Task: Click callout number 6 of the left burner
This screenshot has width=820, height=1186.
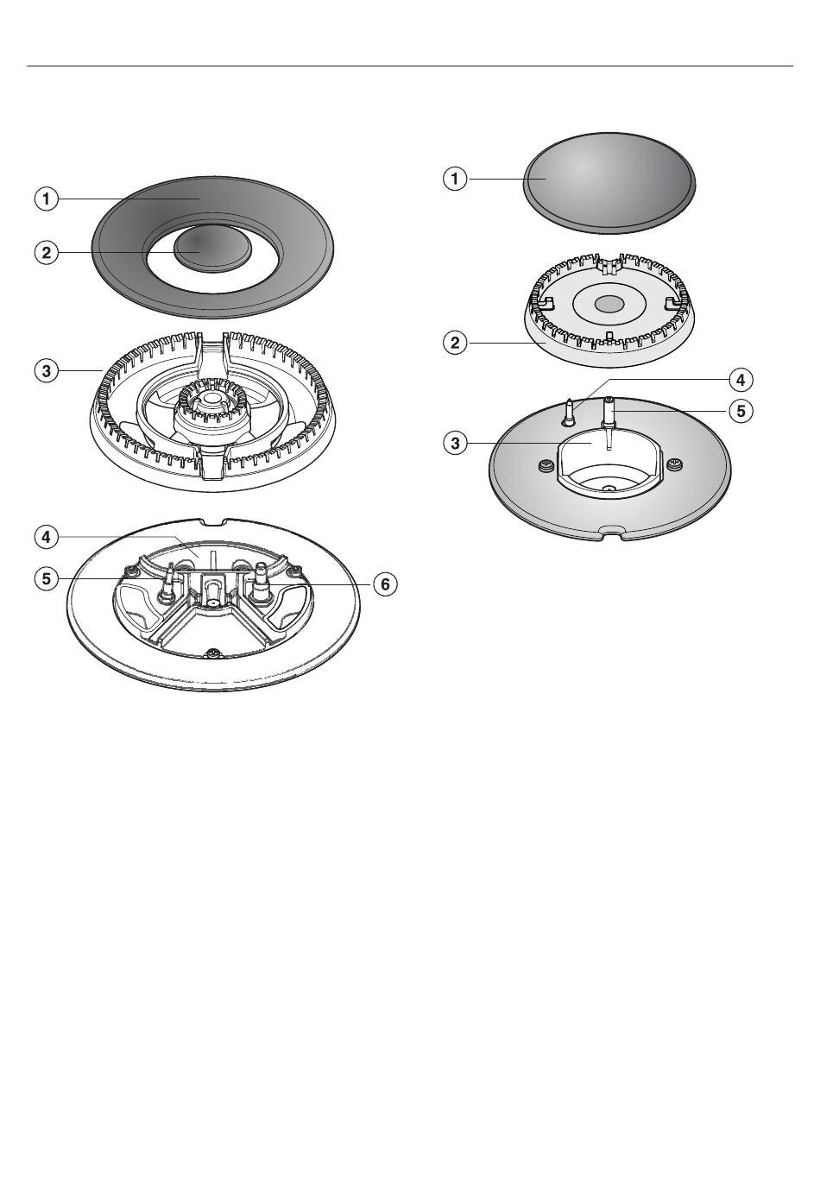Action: point(385,584)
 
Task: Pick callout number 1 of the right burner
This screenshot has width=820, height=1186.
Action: point(454,179)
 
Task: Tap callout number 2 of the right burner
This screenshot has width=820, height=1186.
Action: point(454,343)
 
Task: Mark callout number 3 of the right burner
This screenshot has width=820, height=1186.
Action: point(454,444)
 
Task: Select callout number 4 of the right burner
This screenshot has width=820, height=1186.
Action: point(740,379)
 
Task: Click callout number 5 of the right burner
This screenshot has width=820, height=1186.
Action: point(740,411)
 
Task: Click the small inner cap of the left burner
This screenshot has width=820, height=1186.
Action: point(213,246)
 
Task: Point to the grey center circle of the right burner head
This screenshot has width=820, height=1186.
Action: point(609,304)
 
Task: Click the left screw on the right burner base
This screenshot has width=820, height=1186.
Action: point(545,467)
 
